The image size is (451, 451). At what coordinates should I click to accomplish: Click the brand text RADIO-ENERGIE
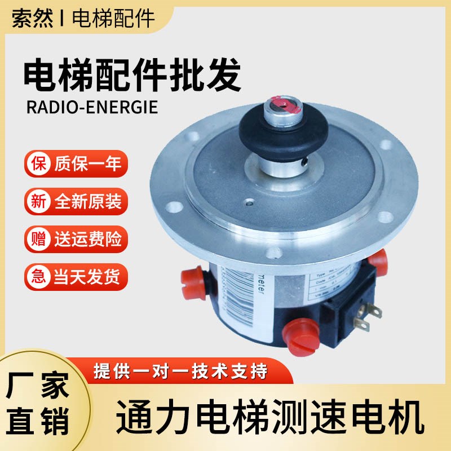click(92, 107)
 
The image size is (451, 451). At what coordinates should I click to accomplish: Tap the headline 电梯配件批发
click(132, 77)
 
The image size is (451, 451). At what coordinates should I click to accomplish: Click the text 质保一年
click(87, 165)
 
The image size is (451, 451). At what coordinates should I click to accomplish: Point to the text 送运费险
click(87, 239)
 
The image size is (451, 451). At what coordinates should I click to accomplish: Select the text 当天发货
click(87, 276)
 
